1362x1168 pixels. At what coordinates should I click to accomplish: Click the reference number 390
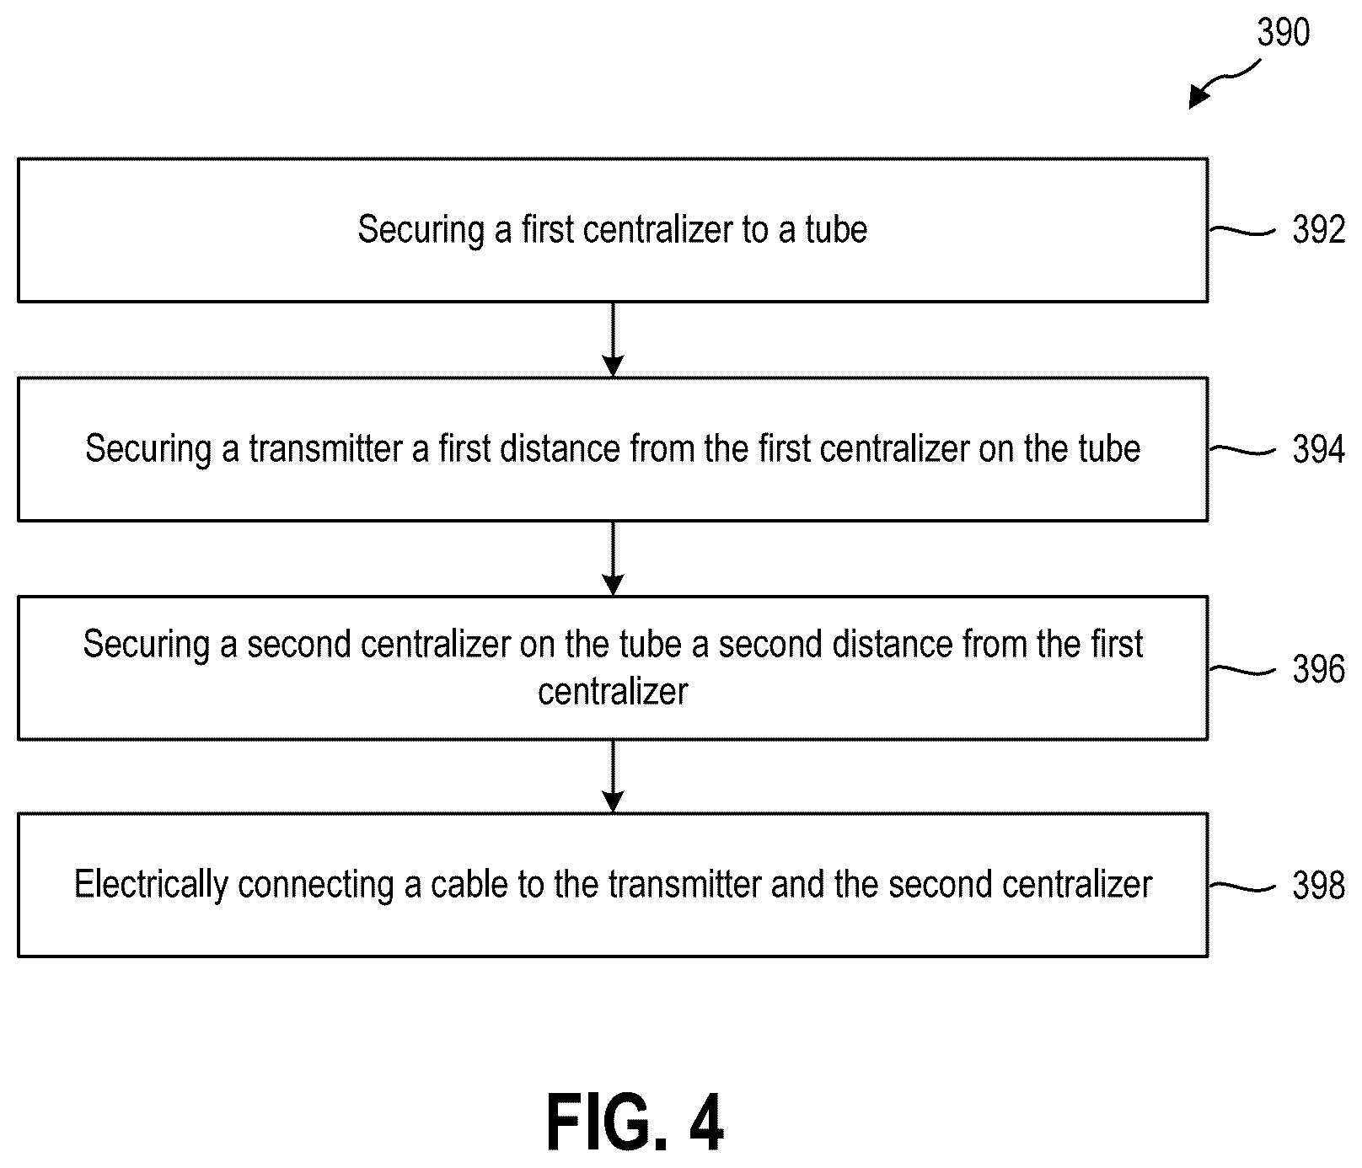click(1283, 33)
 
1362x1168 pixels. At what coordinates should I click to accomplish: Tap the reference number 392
click(1319, 230)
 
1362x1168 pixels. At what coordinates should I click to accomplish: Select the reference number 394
click(1319, 449)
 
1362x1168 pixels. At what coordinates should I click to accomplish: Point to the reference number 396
click(1319, 669)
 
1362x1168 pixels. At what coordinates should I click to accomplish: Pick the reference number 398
click(1319, 885)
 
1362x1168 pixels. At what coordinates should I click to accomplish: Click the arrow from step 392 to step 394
click(614, 339)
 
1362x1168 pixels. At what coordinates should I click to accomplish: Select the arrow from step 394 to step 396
click(614, 558)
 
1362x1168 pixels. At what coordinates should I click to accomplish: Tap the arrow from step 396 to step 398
click(614, 776)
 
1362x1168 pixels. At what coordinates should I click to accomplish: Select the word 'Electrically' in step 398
click(151, 885)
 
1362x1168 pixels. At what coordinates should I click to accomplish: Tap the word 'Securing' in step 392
click(421, 230)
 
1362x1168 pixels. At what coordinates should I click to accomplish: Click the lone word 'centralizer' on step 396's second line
click(613, 692)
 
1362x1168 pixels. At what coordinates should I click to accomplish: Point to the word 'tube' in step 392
click(836, 229)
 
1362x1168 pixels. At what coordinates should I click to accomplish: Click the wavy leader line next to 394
click(1242, 449)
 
